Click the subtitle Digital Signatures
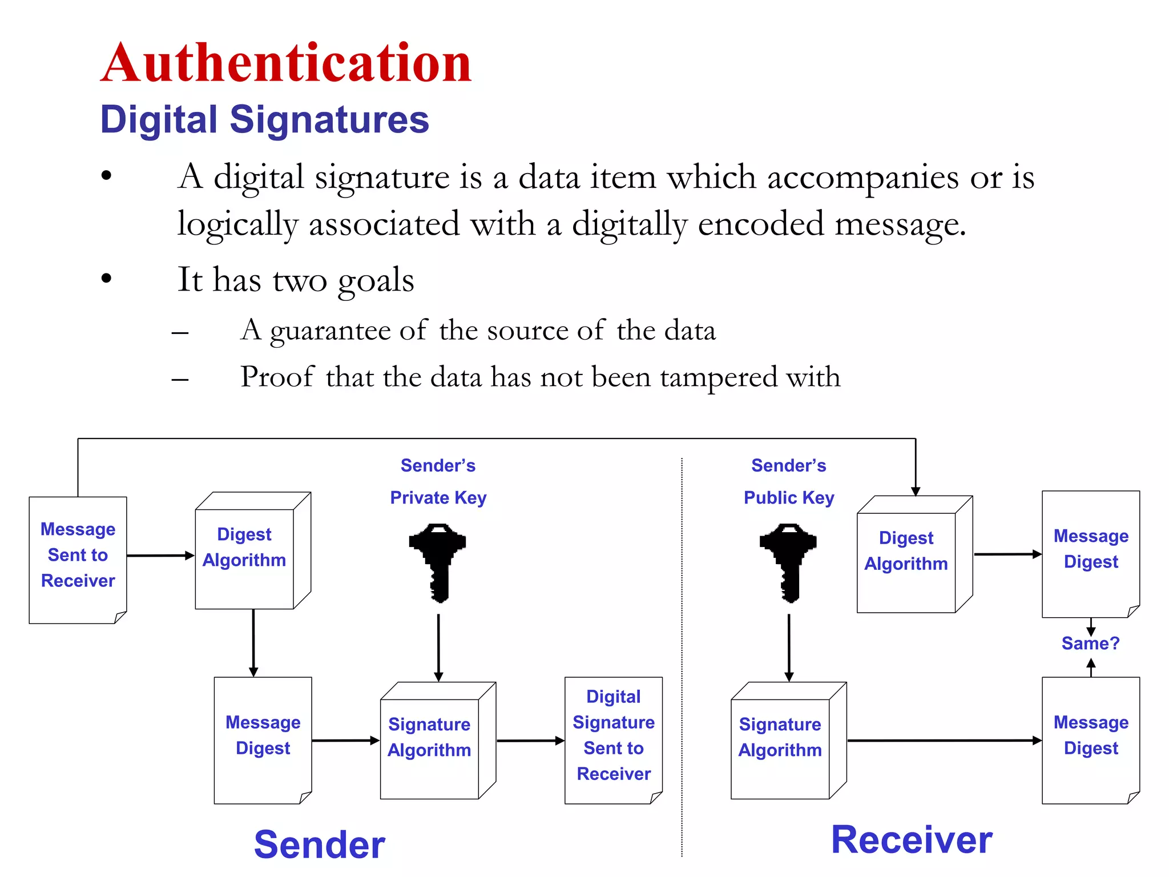(264, 120)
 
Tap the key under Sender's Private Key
(438, 562)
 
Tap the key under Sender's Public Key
(788, 562)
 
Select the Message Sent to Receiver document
(78, 560)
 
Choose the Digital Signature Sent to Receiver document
(614, 740)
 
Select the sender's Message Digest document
(263, 740)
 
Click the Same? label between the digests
(1090, 643)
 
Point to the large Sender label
(320, 844)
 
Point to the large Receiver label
(912, 840)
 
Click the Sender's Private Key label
(438, 482)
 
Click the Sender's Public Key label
(788, 482)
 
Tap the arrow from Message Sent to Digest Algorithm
(160, 556)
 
